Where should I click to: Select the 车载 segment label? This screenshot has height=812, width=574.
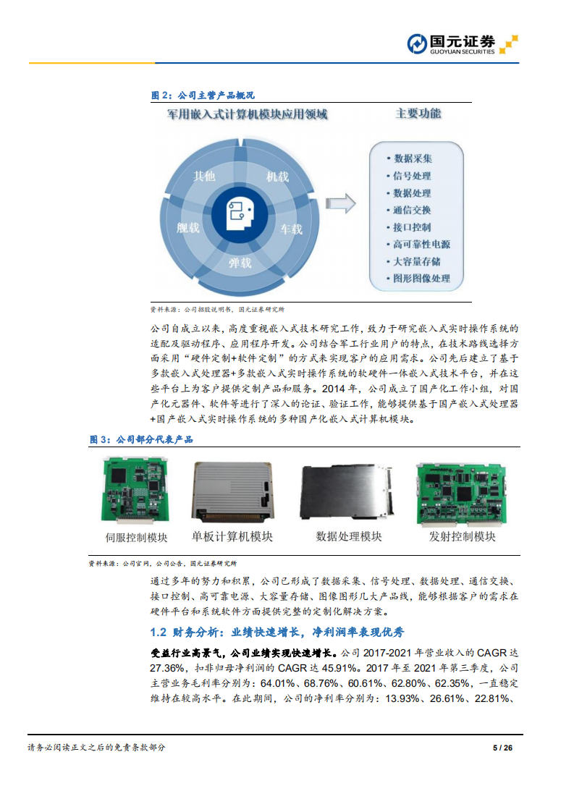pos(291,229)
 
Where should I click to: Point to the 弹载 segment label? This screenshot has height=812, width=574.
pos(239,263)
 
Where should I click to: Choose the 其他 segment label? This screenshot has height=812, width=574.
pos(205,176)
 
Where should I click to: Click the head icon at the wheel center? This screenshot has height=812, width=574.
pos(239,211)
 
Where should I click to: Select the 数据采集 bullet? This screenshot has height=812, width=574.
pos(412,158)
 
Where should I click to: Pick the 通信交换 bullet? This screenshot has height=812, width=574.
pos(412,210)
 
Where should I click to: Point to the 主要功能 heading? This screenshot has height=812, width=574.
pos(418,114)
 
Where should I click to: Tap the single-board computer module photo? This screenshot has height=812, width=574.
pos(232,492)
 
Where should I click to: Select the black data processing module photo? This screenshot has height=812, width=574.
pos(348,492)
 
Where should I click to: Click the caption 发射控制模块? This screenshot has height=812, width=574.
pos(463,536)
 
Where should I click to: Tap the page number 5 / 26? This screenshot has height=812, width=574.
pos(502,748)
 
